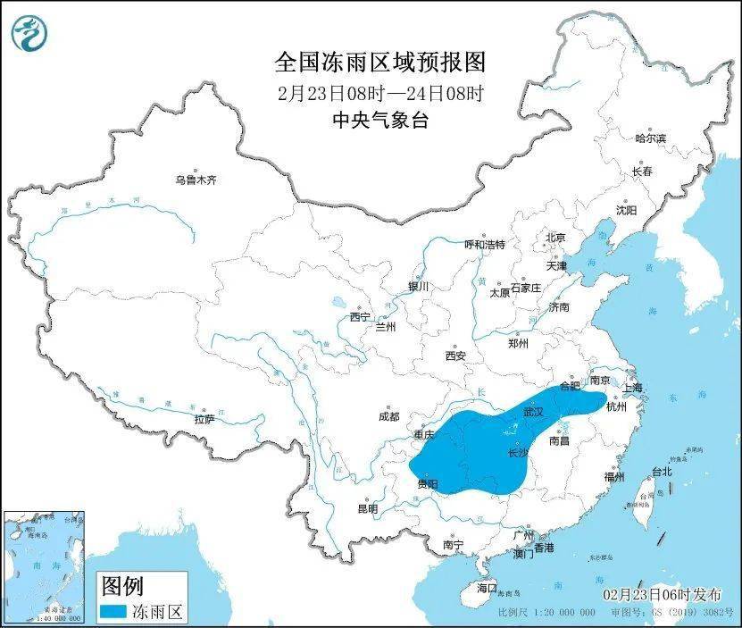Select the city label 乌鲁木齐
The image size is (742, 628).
196,180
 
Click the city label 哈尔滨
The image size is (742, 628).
650,138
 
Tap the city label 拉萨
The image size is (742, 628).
204,418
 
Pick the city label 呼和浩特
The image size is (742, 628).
485,244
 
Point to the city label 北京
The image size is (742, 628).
555,238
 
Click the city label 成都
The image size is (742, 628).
388,415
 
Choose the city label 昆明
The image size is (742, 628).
367,508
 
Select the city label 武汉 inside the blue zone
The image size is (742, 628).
533,414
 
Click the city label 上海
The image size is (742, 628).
632,388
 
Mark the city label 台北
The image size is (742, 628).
661,471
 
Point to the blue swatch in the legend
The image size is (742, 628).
124,612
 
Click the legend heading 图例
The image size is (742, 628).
121,586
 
